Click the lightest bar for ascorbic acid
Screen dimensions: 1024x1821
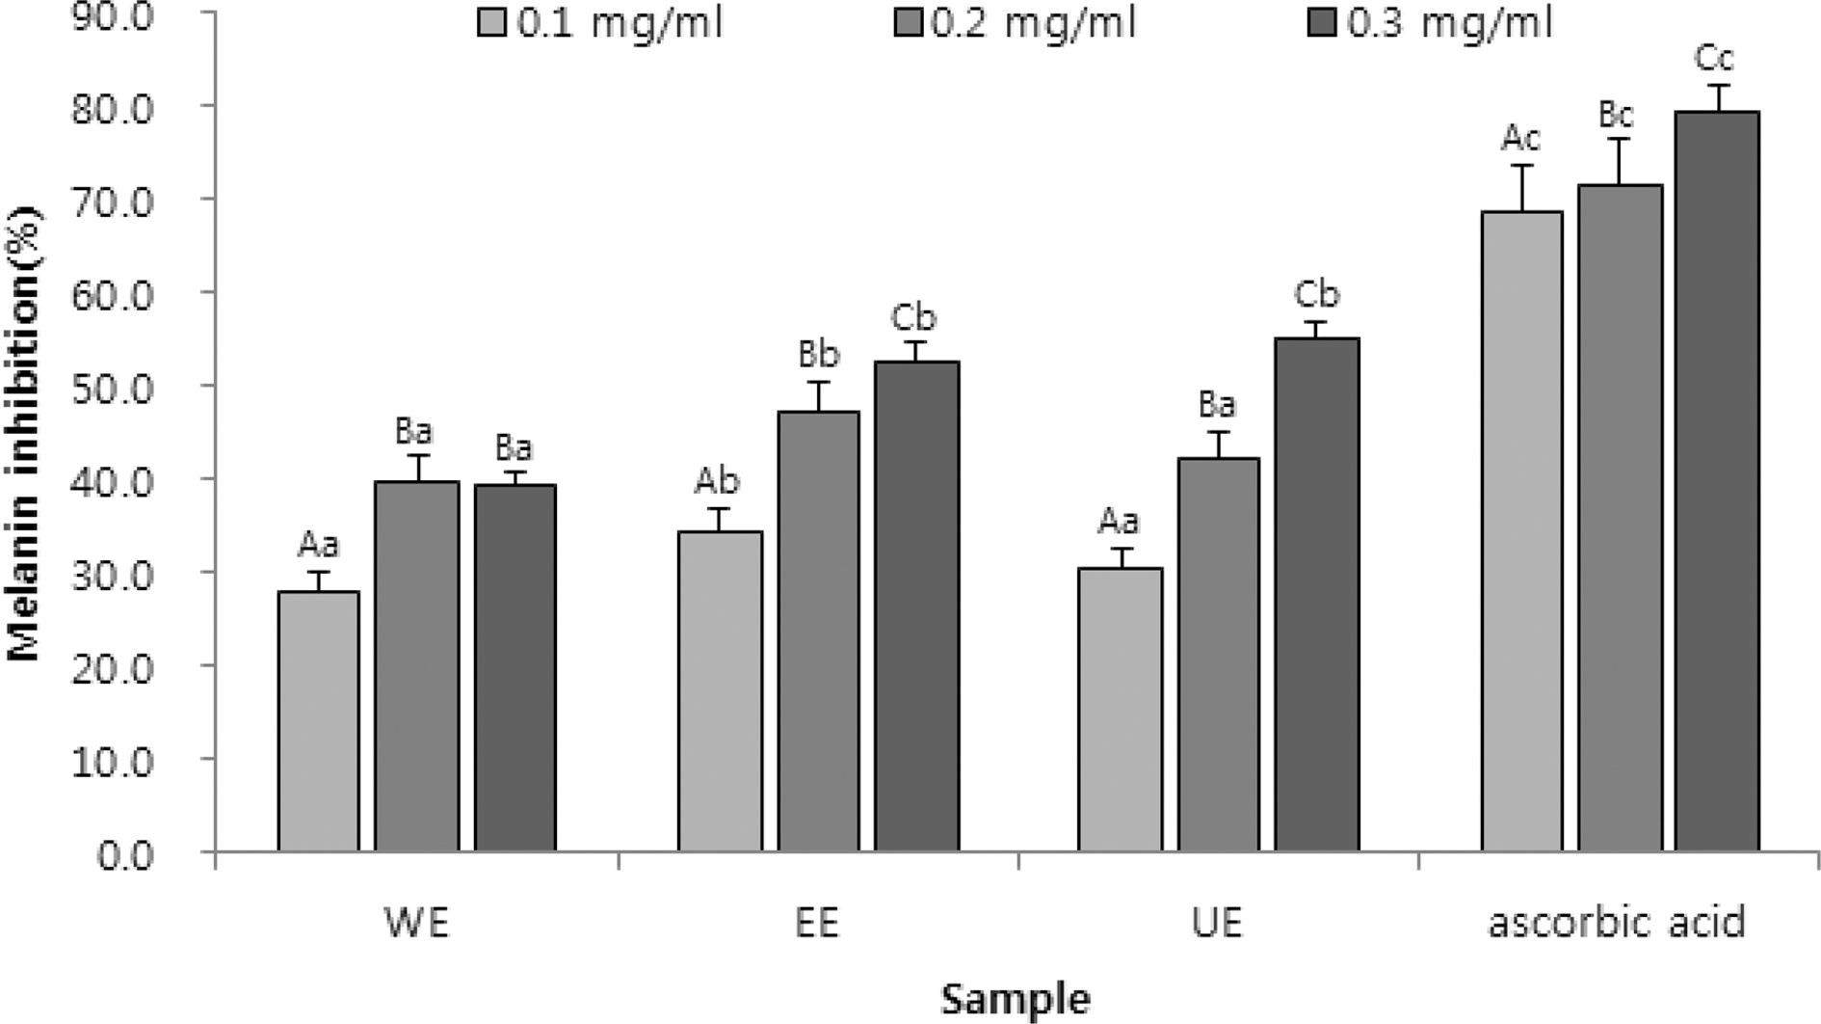point(1521,531)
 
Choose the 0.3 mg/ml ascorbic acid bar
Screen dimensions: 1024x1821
point(1716,481)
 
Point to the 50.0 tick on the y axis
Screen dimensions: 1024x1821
point(112,387)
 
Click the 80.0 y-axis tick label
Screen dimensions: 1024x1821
point(112,107)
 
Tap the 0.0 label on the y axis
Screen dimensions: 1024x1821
point(124,854)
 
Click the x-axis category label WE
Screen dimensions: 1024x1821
point(416,923)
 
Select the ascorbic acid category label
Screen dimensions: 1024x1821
point(1617,923)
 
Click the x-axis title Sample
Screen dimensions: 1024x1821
point(1016,998)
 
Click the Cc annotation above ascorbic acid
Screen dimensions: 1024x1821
point(1714,59)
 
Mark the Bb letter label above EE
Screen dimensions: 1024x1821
point(818,355)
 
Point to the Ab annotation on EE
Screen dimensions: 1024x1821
point(717,480)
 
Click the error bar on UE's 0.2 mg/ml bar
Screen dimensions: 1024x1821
point(1218,444)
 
